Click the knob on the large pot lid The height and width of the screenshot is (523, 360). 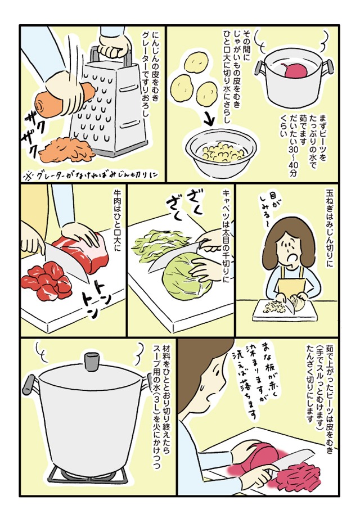pyautogui.click(x=90, y=360)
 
